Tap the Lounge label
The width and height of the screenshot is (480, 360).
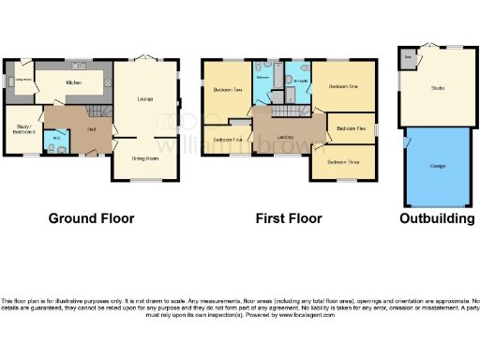click(x=145, y=97)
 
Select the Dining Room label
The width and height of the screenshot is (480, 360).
click(x=142, y=158)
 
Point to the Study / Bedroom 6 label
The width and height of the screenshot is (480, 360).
click(x=24, y=129)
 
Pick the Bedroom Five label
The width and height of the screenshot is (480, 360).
click(x=350, y=127)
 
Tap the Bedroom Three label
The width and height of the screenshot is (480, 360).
click(x=342, y=161)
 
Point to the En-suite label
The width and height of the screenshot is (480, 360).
click(x=300, y=82)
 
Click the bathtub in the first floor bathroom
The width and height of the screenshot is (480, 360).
click(x=257, y=89)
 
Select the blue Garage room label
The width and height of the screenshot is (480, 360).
click(x=437, y=165)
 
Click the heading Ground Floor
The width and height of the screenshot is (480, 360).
click(x=91, y=218)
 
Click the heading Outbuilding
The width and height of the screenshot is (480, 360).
click(x=437, y=218)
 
